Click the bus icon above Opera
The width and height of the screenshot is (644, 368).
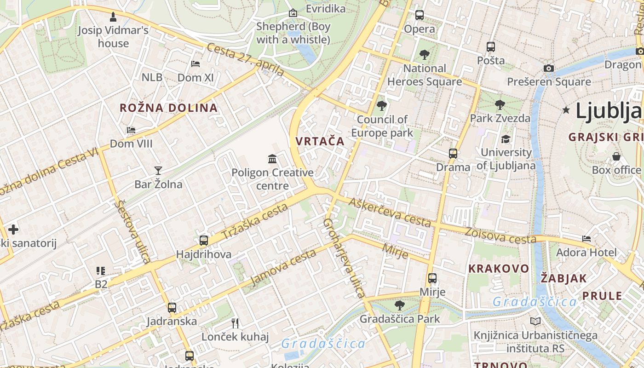(x=420, y=15)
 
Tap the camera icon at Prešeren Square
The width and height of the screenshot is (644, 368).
(x=548, y=69)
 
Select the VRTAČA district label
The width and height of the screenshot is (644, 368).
(x=320, y=141)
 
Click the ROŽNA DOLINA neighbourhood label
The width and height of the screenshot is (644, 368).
(x=168, y=108)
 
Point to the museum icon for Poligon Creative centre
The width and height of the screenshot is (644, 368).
(x=272, y=159)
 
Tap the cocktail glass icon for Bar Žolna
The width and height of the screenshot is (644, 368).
(x=158, y=171)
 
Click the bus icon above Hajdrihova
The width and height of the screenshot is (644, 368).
(x=203, y=240)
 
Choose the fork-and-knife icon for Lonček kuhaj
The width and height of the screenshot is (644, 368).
(x=235, y=323)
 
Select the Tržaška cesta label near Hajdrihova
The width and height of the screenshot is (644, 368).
(x=254, y=222)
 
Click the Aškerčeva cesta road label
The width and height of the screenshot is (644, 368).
(x=390, y=212)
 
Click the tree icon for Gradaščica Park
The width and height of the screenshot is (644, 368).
(x=400, y=305)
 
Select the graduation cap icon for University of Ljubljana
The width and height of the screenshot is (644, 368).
(x=506, y=139)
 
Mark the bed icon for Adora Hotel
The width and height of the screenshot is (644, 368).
(x=586, y=239)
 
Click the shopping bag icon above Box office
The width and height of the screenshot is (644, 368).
(x=616, y=156)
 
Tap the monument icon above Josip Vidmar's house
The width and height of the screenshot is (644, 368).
(x=113, y=17)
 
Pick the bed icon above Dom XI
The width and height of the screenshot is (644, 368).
(x=195, y=64)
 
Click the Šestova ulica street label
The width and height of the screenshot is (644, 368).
(x=133, y=231)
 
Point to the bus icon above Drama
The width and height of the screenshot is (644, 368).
(x=453, y=153)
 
